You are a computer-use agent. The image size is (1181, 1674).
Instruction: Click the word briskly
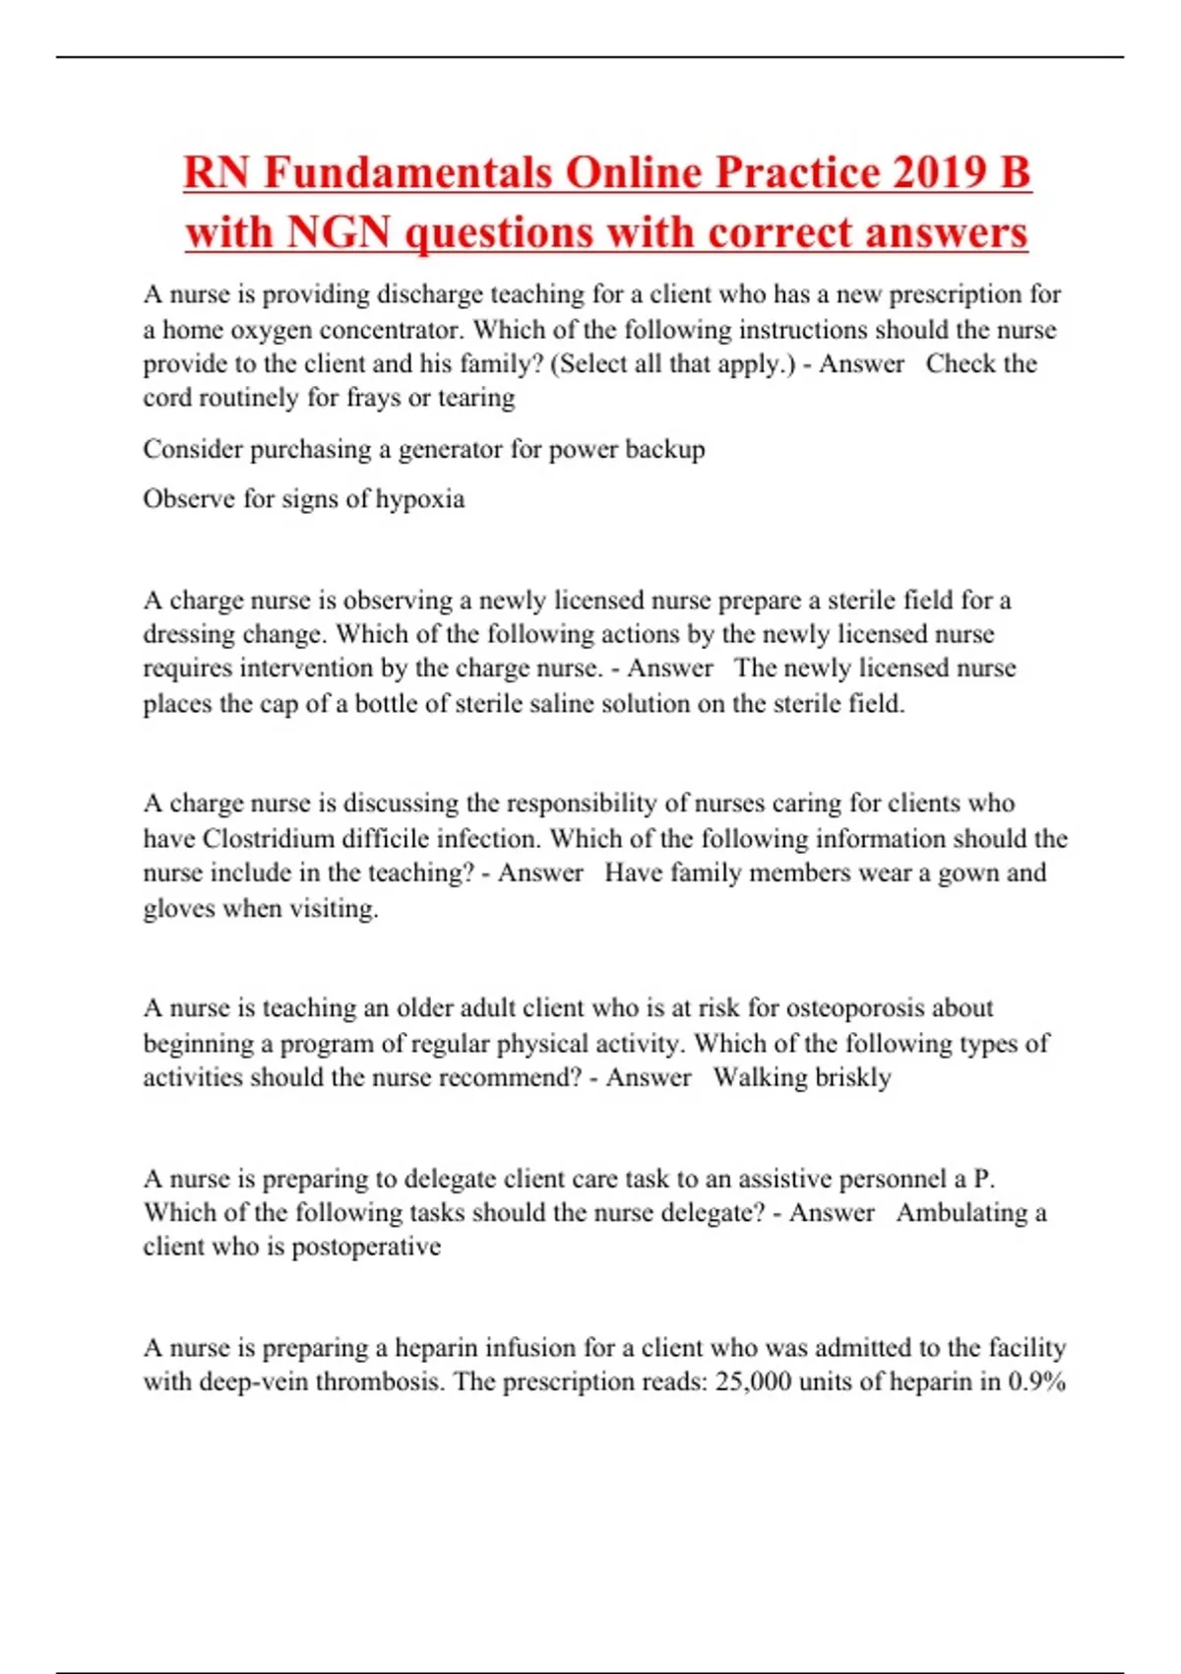(853, 1077)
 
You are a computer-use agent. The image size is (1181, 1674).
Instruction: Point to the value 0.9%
(1037, 1382)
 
